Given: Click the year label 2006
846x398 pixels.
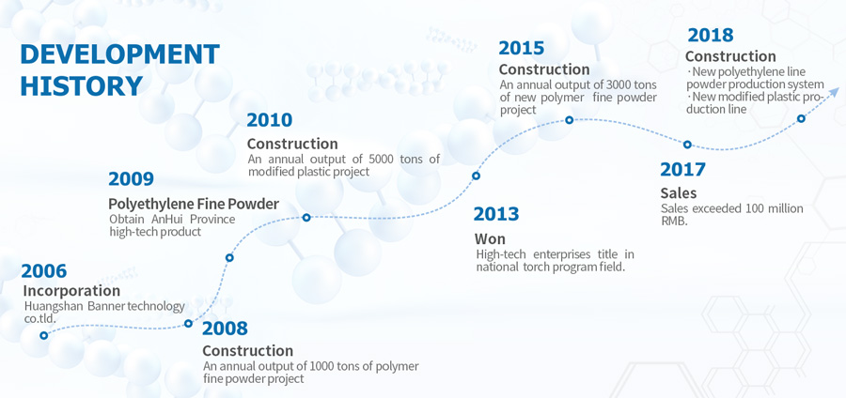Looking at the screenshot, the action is coord(43,271).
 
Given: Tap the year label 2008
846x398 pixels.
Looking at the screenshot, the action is coord(225,328).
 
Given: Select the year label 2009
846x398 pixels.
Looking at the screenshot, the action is coord(131,178).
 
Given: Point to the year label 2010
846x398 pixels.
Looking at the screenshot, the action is coord(269,120).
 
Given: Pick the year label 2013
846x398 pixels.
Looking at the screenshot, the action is coord(496,214).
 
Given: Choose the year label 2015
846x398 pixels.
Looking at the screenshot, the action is coord(521,48).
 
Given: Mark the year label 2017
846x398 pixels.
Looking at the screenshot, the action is coord(682,170).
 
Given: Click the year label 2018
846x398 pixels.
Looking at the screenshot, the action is coord(711,36).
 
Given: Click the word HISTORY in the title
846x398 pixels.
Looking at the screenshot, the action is coord(82,86).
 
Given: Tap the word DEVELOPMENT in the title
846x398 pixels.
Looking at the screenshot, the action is coord(119,54).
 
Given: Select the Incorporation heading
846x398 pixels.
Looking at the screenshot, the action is coord(71,291).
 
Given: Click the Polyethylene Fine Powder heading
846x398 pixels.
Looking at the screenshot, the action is coord(194,204).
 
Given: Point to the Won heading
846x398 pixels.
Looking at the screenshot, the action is coord(490,238).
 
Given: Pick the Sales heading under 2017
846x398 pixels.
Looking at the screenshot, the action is coord(679,192).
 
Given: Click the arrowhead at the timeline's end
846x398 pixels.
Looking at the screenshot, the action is coord(835,91).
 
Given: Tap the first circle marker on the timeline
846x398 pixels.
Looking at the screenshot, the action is coord(43,335).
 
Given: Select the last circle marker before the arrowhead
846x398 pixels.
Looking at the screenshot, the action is coord(801,118).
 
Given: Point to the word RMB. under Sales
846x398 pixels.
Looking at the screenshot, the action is coord(674,221).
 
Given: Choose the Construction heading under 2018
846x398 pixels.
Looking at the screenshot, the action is coord(730,56).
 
